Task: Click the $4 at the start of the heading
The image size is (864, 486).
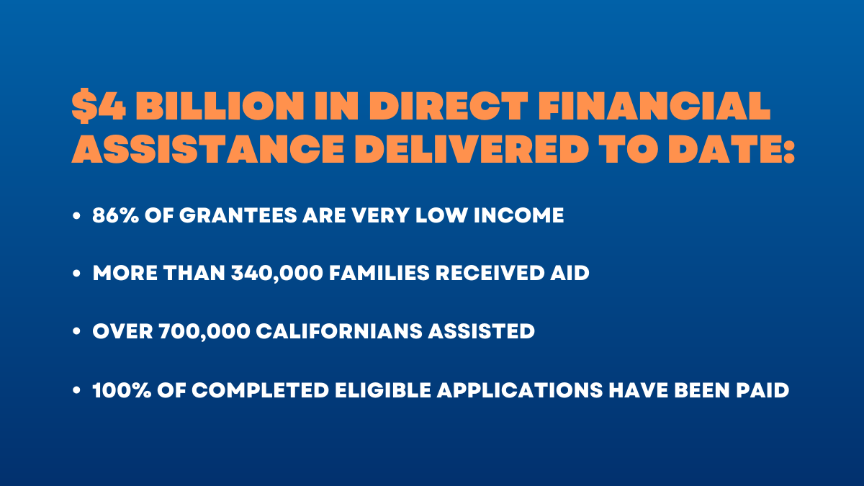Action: pos(99,106)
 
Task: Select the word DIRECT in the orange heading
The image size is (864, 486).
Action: pos(449,106)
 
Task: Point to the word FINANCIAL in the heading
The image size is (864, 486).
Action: pos(654,106)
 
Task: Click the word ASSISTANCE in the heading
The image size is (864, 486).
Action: pos(208,149)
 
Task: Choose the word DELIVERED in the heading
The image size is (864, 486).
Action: pos(472,149)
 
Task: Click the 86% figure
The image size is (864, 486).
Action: pos(116,215)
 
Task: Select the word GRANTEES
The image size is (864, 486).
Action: pos(238,215)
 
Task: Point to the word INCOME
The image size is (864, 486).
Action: pos(519,215)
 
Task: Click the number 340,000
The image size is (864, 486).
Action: pos(277,274)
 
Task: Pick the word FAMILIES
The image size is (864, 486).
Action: pos(379,273)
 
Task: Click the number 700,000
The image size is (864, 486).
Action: pos(204,332)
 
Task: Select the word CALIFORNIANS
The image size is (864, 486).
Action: pos(339,331)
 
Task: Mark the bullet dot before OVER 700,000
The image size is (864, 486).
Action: pos(76,331)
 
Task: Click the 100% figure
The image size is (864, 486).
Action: pos(122,390)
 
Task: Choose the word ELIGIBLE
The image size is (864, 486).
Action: pos(383,390)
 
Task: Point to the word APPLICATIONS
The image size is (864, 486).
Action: pos(520,390)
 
